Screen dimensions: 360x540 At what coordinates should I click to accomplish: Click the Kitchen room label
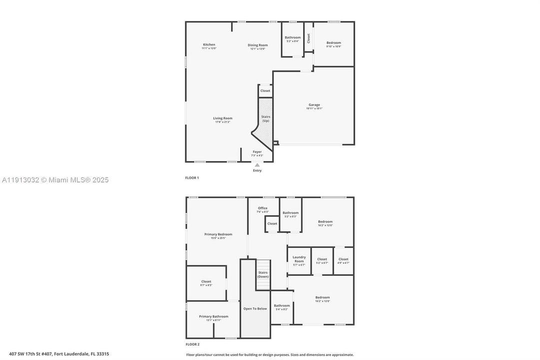point(209,45)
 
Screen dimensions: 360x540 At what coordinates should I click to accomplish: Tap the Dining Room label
point(258,45)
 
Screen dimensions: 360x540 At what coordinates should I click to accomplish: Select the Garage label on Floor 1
point(314,105)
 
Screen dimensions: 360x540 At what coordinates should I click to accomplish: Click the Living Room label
point(223,118)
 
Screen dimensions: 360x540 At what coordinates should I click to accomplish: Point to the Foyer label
point(257,152)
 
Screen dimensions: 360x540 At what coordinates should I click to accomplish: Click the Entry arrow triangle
point(257,164)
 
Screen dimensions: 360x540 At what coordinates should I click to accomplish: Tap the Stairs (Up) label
point(266,118)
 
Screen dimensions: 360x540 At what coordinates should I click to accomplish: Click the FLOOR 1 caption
point(192,178)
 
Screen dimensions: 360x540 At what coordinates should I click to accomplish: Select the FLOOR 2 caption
point(192,344)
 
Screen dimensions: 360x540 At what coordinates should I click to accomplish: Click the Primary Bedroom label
point(218,234)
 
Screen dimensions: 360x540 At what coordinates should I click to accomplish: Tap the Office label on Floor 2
point(263,208)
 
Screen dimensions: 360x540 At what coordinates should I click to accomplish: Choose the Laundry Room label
point(299,259)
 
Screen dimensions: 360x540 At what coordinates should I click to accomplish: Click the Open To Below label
point(255,309)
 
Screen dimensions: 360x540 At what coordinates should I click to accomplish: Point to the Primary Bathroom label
point(213,316)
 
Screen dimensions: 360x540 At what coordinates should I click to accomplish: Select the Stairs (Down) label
point(263,274)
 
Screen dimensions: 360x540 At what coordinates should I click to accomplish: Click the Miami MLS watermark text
point(55,180)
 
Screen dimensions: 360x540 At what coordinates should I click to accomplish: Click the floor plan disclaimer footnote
point(270,354)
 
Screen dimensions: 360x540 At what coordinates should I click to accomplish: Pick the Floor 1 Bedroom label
point(334,43)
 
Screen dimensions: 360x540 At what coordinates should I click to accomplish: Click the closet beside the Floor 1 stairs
point(265,91)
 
